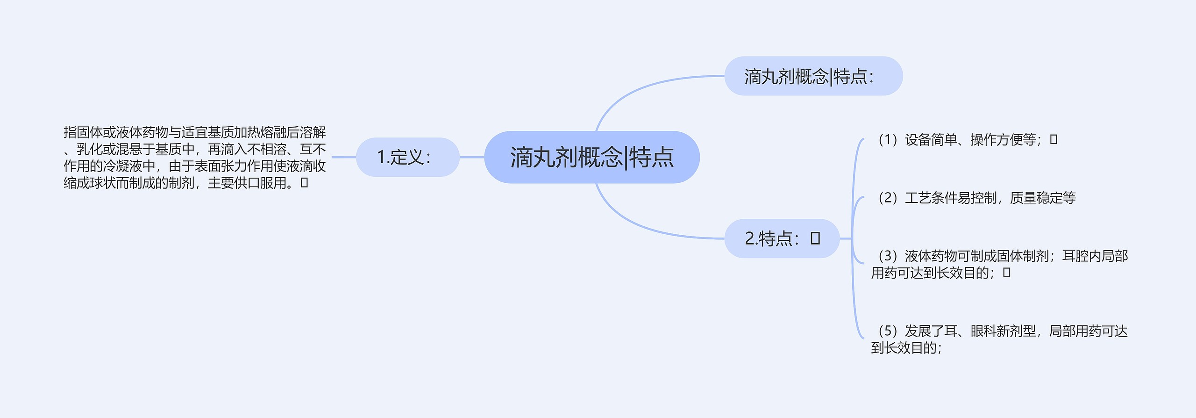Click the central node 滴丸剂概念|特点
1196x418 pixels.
point(591,157)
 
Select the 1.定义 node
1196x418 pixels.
point(407,157)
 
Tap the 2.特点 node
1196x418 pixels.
point(782,238)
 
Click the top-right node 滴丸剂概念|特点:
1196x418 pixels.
point(813,76)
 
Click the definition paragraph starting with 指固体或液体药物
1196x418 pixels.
point(194,158)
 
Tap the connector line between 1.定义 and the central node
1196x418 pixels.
point(472,157)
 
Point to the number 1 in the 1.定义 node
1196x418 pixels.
point(381,157)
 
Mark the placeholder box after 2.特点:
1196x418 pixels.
point(815,238)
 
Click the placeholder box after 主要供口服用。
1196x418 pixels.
point(304,183)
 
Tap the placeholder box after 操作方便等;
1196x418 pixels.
point(1054,139)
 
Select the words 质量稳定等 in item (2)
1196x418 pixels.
point(1043,198)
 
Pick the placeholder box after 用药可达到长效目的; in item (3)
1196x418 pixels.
point(1007,273)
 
